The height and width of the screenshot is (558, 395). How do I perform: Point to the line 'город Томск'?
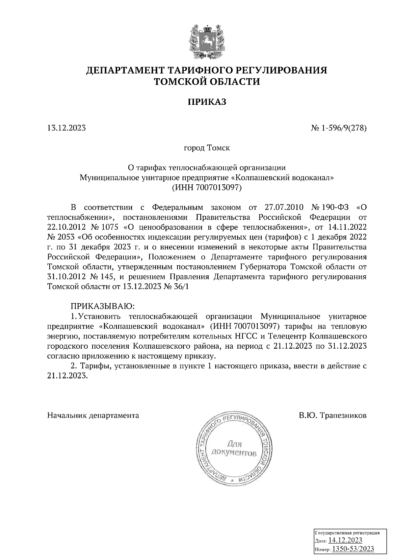pos(207,148)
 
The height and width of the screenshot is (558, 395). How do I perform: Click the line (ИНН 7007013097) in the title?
pos(207,188)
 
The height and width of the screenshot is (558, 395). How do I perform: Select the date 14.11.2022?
pos(348,227)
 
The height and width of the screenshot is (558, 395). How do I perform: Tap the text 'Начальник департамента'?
pos(93,415)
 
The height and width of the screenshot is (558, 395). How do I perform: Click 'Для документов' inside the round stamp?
pos(234,449)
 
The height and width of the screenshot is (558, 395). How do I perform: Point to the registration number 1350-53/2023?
pos(353,548)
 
